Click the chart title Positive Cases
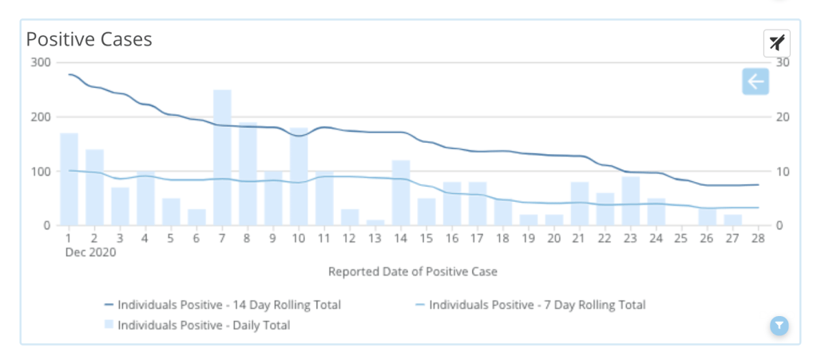(x=89, y=39)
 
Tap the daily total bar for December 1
(x=69, y=180)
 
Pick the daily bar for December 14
(x=401, y=193)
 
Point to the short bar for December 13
(x=375, y=223)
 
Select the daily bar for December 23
(x=631, y=201)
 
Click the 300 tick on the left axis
(x=40, y=63)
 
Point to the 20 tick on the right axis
(x=783, y=117)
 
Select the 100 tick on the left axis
(x=40, y=172)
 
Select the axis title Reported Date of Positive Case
(x=413, y=271)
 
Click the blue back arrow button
(x=755, y=81)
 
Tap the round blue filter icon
(x=779, y=325)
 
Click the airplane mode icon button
(x=776, y=43)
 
